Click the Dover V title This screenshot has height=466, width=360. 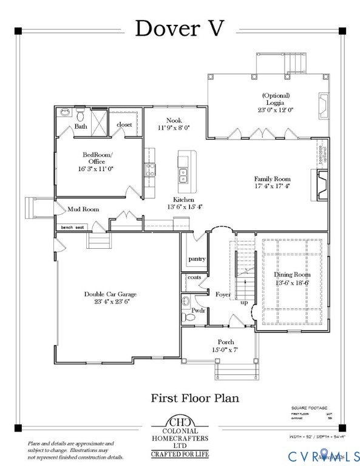coord(180,28)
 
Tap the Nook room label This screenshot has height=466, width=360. coord(174,121)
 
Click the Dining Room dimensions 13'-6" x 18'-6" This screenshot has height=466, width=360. coord(293,283)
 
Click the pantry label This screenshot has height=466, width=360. coord(197,258)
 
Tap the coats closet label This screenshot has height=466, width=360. coord(194,277)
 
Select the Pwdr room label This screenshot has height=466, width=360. coord(198,310)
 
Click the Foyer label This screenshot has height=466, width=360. coord(223,294)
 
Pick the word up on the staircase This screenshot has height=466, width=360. coord(245,302)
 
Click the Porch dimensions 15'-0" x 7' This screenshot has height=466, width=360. coord(224,350)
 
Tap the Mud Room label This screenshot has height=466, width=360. coord(83,209)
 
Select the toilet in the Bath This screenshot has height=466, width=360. coord(80,113)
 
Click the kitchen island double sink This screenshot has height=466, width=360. coord(182,176)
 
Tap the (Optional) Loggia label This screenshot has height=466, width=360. coord(276,103)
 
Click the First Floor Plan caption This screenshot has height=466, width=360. coord(194,398)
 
